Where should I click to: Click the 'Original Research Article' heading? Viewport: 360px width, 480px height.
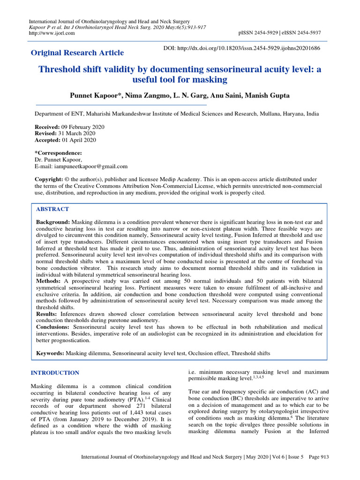coord(77,52)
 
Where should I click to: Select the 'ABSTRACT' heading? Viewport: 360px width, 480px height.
coord(52,209)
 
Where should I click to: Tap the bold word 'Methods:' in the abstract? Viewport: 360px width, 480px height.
coord(49,280)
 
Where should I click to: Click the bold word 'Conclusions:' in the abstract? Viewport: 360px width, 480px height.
coord(54,327)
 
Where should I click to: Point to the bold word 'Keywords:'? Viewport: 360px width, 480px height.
coord(50,352)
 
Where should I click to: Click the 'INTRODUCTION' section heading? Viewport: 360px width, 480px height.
coord(55,373)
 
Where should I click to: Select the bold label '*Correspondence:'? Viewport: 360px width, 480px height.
coord(58,153)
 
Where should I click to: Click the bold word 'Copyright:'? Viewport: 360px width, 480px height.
coord(49,180)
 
